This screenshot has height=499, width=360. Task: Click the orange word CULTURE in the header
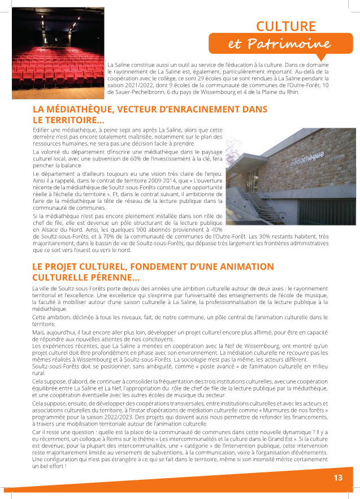point(285,26)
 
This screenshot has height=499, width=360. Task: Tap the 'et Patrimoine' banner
point(279,44)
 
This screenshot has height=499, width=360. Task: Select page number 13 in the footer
point(338,478)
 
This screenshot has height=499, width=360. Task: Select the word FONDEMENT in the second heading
point(155,267)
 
